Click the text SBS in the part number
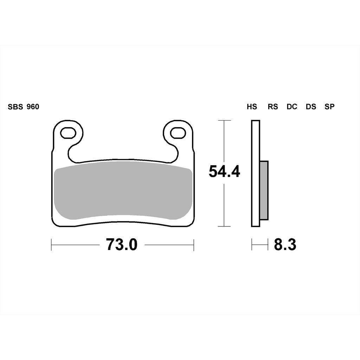pos(15,107)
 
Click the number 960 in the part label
pos(33,107)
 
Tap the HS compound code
pos(252,107)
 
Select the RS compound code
pos(272,107)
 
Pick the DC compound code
pos(292,107)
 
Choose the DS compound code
pos(311,107)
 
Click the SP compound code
pos(329,107)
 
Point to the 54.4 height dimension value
pos(224,172)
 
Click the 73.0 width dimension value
pos(122,245)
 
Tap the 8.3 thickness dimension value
pos(285,245)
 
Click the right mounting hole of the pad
pos(178,133)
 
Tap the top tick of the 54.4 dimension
pos(224,121)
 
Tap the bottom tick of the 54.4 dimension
pos(224,226)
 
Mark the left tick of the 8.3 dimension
pos(252,245)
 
